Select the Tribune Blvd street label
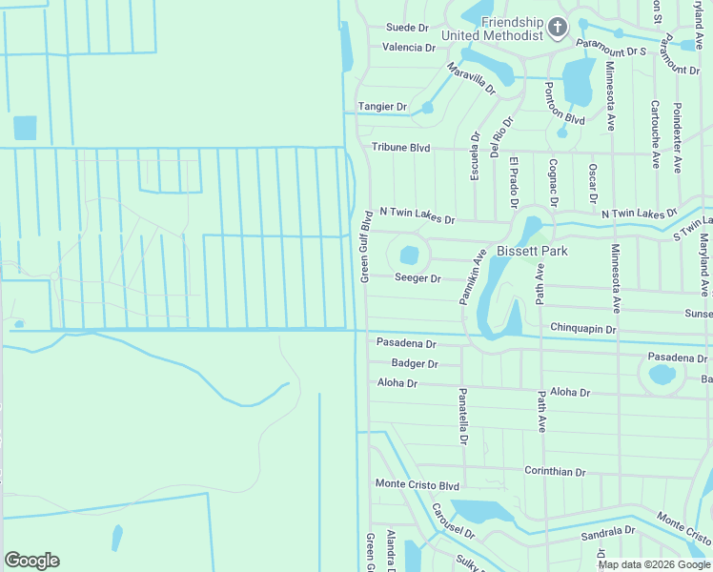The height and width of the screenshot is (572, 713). click(x=400, y=148)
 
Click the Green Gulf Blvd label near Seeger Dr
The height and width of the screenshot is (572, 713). click(x=364, y=246)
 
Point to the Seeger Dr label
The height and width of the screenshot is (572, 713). click(x=418, y=278)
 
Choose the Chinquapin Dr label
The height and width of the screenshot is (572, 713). click(x=584, y=329)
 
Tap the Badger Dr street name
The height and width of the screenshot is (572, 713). click(x=414, y=363)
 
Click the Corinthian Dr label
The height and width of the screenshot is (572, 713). click(x=555, y=471)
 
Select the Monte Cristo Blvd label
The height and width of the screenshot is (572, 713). click(x=417, y=485)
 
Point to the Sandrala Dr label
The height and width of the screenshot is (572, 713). click(x=608, y=531)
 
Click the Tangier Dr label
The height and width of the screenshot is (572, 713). click(x=382, y=107)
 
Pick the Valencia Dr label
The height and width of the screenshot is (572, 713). click(x=408, y=47)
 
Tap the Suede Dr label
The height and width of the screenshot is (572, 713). click(x=408, y=28)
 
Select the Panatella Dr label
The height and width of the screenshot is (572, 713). click(x=462, y=417)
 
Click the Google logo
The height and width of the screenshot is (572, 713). click(x=31, y=561)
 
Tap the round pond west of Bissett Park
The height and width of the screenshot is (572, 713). click(x=409, y=255)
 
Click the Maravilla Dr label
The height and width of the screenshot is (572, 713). click(x=472, y=78)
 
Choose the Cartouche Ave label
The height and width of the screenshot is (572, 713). click(x=655, y=134)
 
